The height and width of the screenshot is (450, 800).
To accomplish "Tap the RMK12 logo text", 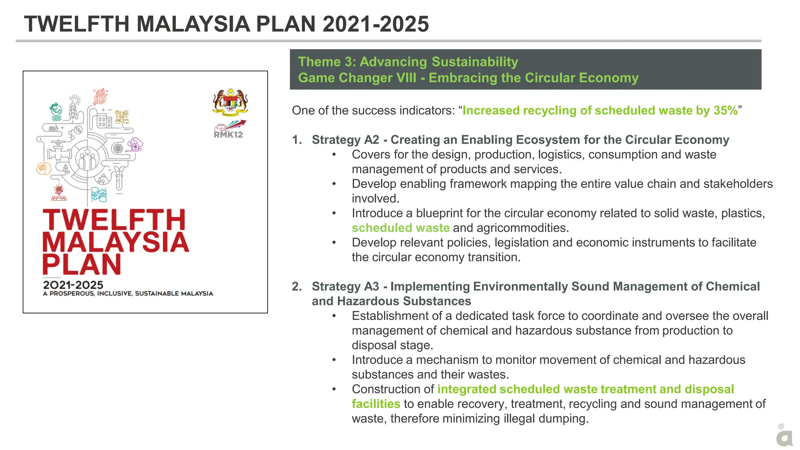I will pos(228,135).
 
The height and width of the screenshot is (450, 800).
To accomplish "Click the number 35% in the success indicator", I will pos(725,111).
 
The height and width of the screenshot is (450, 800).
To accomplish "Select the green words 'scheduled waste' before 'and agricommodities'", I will pos(400,228).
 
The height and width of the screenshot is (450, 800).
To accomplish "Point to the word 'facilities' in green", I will pos(376,404).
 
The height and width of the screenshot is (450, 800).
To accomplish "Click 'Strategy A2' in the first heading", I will pos(345,140).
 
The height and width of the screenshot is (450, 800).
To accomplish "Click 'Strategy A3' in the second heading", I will pos(345,286).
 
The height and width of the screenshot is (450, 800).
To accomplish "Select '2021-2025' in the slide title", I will pos(375,24).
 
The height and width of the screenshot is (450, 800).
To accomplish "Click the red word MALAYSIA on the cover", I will pos(116,243).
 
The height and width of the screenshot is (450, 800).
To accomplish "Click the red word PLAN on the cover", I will pos(82,265).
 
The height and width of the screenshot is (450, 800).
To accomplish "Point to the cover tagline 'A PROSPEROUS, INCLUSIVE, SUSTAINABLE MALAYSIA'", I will pos(128,293).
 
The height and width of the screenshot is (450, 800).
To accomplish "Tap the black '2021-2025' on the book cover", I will pos(73,285).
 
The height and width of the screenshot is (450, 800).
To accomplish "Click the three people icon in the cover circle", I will pos(87,160).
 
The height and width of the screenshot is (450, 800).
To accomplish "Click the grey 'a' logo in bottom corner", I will pos(784,437).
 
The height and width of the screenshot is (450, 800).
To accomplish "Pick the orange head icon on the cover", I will pos(44,168).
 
